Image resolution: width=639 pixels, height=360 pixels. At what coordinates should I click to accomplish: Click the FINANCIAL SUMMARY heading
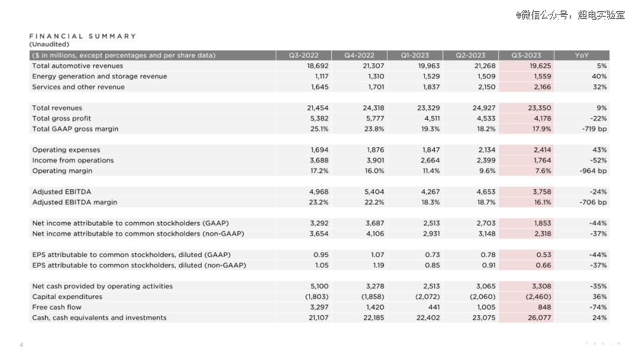pyautogui.click(x=83, y=36)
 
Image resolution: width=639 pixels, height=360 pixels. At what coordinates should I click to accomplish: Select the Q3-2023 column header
pyautogui.click(x=526, y=56)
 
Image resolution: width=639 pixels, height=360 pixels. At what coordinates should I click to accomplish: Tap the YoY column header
pyautogui.click(x=582, y=56)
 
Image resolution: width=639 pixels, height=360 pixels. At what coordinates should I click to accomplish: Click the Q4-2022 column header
pyautogui.click(x=359, y=56)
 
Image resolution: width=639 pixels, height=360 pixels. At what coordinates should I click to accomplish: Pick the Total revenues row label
pyautogui.click(x=57, y=108)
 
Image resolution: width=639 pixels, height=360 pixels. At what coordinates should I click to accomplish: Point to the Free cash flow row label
pyautogui.click(x=57, y=307)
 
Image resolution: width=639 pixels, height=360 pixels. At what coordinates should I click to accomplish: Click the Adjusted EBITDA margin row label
pyautogui.click(x=75, y=202)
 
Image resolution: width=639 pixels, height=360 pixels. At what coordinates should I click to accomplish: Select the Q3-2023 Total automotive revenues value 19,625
pyautogui.click(x=540, y=66)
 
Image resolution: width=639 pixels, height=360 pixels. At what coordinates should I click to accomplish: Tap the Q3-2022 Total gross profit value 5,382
pyautogui.click(x=319, y=118)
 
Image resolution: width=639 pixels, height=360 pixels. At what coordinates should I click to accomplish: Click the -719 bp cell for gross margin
pyautogui.click(x=594, y=129)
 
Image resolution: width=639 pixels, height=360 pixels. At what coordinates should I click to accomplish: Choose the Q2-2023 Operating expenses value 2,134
pyautogui.click(x=486, y=150)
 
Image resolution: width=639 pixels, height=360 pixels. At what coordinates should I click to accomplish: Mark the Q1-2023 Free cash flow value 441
pyautogui.click(x=434, y=307)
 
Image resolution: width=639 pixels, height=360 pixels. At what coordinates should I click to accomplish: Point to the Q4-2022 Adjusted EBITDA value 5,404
pyautogui.click(x=375, y=192)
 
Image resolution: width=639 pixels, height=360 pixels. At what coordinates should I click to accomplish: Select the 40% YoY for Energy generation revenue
pyautogui.click(x=599, y=76)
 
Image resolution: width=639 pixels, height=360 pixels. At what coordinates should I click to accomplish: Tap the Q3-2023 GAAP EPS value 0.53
pyautogui.click(x=544, y=255)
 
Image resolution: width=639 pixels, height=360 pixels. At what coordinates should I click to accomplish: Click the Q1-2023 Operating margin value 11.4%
pyautogui.click(x=431, y=171)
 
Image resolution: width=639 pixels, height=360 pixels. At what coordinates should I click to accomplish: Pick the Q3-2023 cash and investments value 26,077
pyautogui.click(x=540, y=318)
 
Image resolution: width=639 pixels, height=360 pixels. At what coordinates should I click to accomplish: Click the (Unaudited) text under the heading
pyautogui.click(x=49, y=44)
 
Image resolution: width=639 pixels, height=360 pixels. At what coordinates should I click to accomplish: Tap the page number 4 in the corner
pyautogui.click(x=21, y=345)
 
